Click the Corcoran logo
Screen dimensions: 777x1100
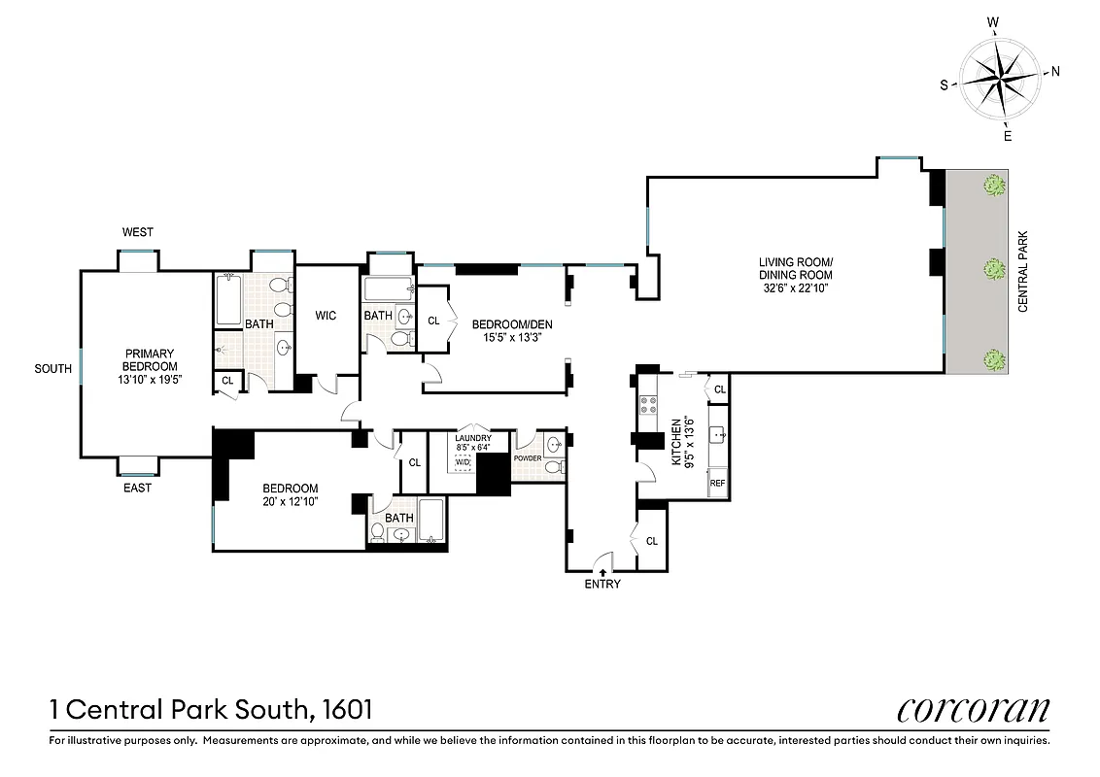tap(973, 710)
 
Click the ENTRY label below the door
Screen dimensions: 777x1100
tap(602, 584)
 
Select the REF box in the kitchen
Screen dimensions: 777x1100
tap(718, 483)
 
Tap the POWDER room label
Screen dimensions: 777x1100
tap(528, 456)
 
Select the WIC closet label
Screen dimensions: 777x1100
tap(326, 316)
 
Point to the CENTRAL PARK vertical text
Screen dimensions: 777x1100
tap(1023, 271)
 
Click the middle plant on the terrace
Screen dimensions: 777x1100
tap(992, 269)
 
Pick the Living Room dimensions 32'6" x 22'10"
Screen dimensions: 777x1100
tap(796, 288)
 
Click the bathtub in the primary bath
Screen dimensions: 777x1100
tap(228, 300)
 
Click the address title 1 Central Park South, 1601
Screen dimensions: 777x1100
tap(211, 710)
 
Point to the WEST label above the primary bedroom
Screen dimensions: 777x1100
tap(137, 232)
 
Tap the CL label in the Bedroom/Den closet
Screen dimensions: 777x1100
tap(433, 321)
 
